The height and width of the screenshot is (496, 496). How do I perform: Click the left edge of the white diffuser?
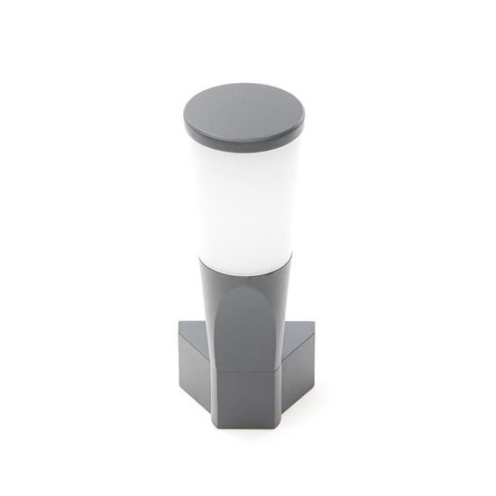(197, 207)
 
